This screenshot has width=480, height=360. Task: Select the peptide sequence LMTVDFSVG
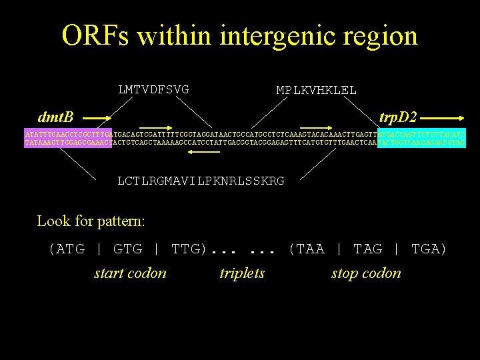coord(153,89)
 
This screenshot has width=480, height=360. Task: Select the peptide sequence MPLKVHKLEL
coord(317,90)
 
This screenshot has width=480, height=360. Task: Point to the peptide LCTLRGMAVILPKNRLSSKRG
coord(201,181)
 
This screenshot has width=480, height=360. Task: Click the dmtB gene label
coord(56,117)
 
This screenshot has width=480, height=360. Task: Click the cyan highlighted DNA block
coord(421,138)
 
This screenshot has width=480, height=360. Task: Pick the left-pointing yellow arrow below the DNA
coord(204,152)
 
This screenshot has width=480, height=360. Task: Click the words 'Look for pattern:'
coord(91,221)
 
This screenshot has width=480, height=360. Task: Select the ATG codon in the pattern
coord(67,249)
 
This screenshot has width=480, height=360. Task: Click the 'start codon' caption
coord(130,273)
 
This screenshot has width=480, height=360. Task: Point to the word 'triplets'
coord(242,273)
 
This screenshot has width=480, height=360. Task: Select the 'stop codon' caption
coord(366,273)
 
